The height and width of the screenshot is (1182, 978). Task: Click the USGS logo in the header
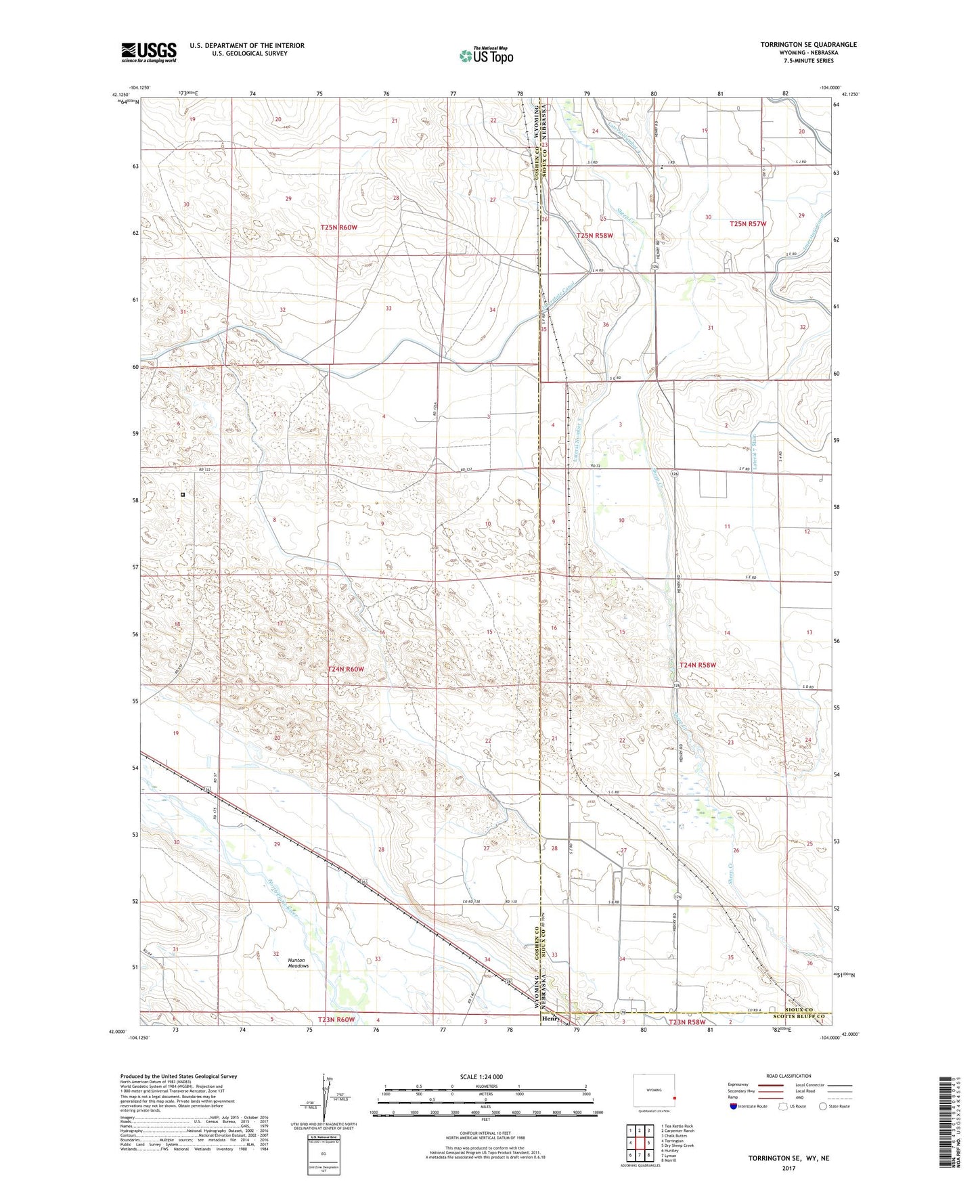coord(149,52)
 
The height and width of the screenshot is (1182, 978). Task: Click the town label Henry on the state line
coord(550,1018)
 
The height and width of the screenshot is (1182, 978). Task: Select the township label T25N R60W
coord(338,227)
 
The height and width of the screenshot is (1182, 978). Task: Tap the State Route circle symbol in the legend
coord(823,1106)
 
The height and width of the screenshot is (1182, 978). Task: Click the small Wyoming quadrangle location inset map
coord(654,1093)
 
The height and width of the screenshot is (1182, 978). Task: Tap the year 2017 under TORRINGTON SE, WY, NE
coord(788,1168)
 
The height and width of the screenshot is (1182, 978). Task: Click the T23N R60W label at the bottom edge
coord(336,1020)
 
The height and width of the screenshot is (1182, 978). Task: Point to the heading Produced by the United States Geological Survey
coord(179,1076)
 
